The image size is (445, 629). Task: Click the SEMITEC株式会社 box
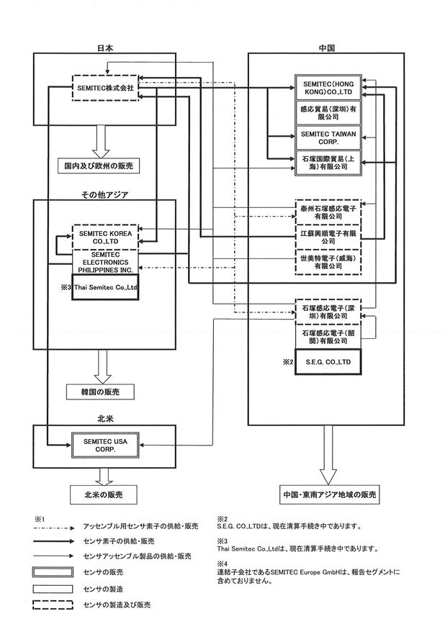[106, 88]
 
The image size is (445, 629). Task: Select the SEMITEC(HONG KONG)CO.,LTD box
[328, 88]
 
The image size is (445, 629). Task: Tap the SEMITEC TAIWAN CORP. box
[328, 137]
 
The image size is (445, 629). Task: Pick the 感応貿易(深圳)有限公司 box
[328, 113]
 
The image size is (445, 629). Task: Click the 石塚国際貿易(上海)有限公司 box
[328, 163]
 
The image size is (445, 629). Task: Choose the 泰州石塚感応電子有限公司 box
[328, 212]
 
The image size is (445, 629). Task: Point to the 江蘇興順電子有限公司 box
[328, 237]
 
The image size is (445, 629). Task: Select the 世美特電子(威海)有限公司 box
[328, 263]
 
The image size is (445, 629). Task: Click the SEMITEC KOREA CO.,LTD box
[106, 237]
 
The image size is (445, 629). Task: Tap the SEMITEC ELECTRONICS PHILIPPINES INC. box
[106, 263]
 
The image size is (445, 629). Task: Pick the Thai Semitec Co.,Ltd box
[106, 287]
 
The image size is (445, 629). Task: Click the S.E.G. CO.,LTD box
[328, 362]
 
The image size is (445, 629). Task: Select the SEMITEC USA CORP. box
[106, 445]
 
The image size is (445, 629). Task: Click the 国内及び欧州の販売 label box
[99, 166]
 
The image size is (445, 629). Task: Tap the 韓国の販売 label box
[100, 392]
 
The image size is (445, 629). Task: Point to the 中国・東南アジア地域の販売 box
[330, 494]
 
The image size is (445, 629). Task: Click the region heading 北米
[106, 418]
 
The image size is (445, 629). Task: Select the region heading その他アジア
[105, 195]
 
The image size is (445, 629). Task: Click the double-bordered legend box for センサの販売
[53, 572]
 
